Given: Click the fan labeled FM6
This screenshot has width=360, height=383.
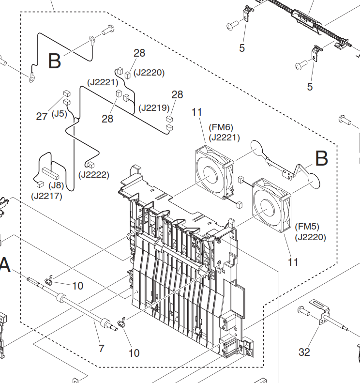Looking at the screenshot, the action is (214, 172).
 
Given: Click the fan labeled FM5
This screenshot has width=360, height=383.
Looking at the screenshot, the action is (271, 205).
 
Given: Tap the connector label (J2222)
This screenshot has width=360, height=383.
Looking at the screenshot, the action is (94, 175).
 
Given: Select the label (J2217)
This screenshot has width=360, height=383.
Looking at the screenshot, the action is (46, 196).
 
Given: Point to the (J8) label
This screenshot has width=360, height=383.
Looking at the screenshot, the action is (56, 185).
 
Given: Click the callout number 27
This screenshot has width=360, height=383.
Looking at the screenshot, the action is (42, 117).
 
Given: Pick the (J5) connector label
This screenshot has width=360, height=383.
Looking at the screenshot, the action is (60, 114).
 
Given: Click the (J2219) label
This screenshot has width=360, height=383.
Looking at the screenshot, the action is (154, 107).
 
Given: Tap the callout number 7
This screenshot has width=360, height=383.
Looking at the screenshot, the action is (102, 348).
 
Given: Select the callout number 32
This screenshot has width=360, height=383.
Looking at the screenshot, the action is (304, 352).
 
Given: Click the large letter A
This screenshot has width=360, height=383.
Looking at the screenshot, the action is (5, 265).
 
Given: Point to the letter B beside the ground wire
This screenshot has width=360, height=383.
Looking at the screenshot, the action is (54, 61).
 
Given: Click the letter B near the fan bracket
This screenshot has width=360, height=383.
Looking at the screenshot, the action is (322, 158).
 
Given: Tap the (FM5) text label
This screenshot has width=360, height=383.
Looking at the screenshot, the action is (307, 227).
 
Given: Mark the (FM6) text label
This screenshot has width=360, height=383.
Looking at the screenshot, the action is (221, 127).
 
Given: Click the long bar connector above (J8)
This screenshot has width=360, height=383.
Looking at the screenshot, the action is (50, 173).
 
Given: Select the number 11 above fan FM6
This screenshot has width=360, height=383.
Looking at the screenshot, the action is (197, 112).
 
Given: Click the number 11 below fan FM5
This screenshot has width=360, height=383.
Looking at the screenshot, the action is (293, 262).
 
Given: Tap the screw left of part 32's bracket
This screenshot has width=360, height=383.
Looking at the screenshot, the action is (303, 311).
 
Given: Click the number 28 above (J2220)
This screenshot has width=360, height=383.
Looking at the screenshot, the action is (139, 53).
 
